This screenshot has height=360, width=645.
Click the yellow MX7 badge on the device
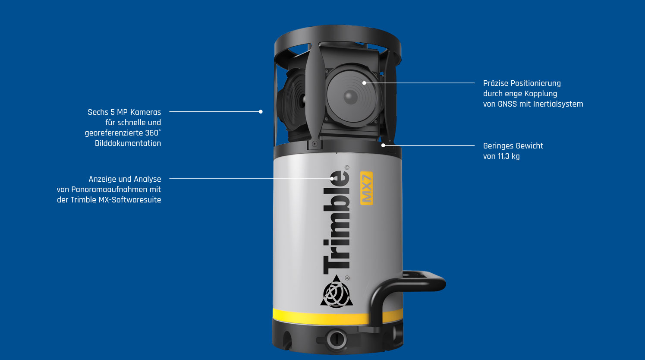point(367,188)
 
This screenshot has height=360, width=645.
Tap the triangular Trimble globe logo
point(337,291)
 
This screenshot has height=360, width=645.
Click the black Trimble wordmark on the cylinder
point(336,222)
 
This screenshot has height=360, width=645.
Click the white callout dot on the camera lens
point(364,83)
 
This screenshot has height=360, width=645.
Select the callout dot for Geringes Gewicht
point(383,145)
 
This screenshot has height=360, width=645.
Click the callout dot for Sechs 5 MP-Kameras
point(261,112)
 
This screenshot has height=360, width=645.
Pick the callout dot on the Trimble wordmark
point(332,179)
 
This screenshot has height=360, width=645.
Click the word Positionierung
point(540,84)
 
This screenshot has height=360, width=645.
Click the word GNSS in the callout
point(507,104)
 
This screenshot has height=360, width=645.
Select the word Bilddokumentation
point(128,143)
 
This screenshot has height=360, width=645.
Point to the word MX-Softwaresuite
point(130,200)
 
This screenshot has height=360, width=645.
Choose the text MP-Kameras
point(139,112)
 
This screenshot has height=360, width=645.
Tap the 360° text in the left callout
point(153,133)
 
